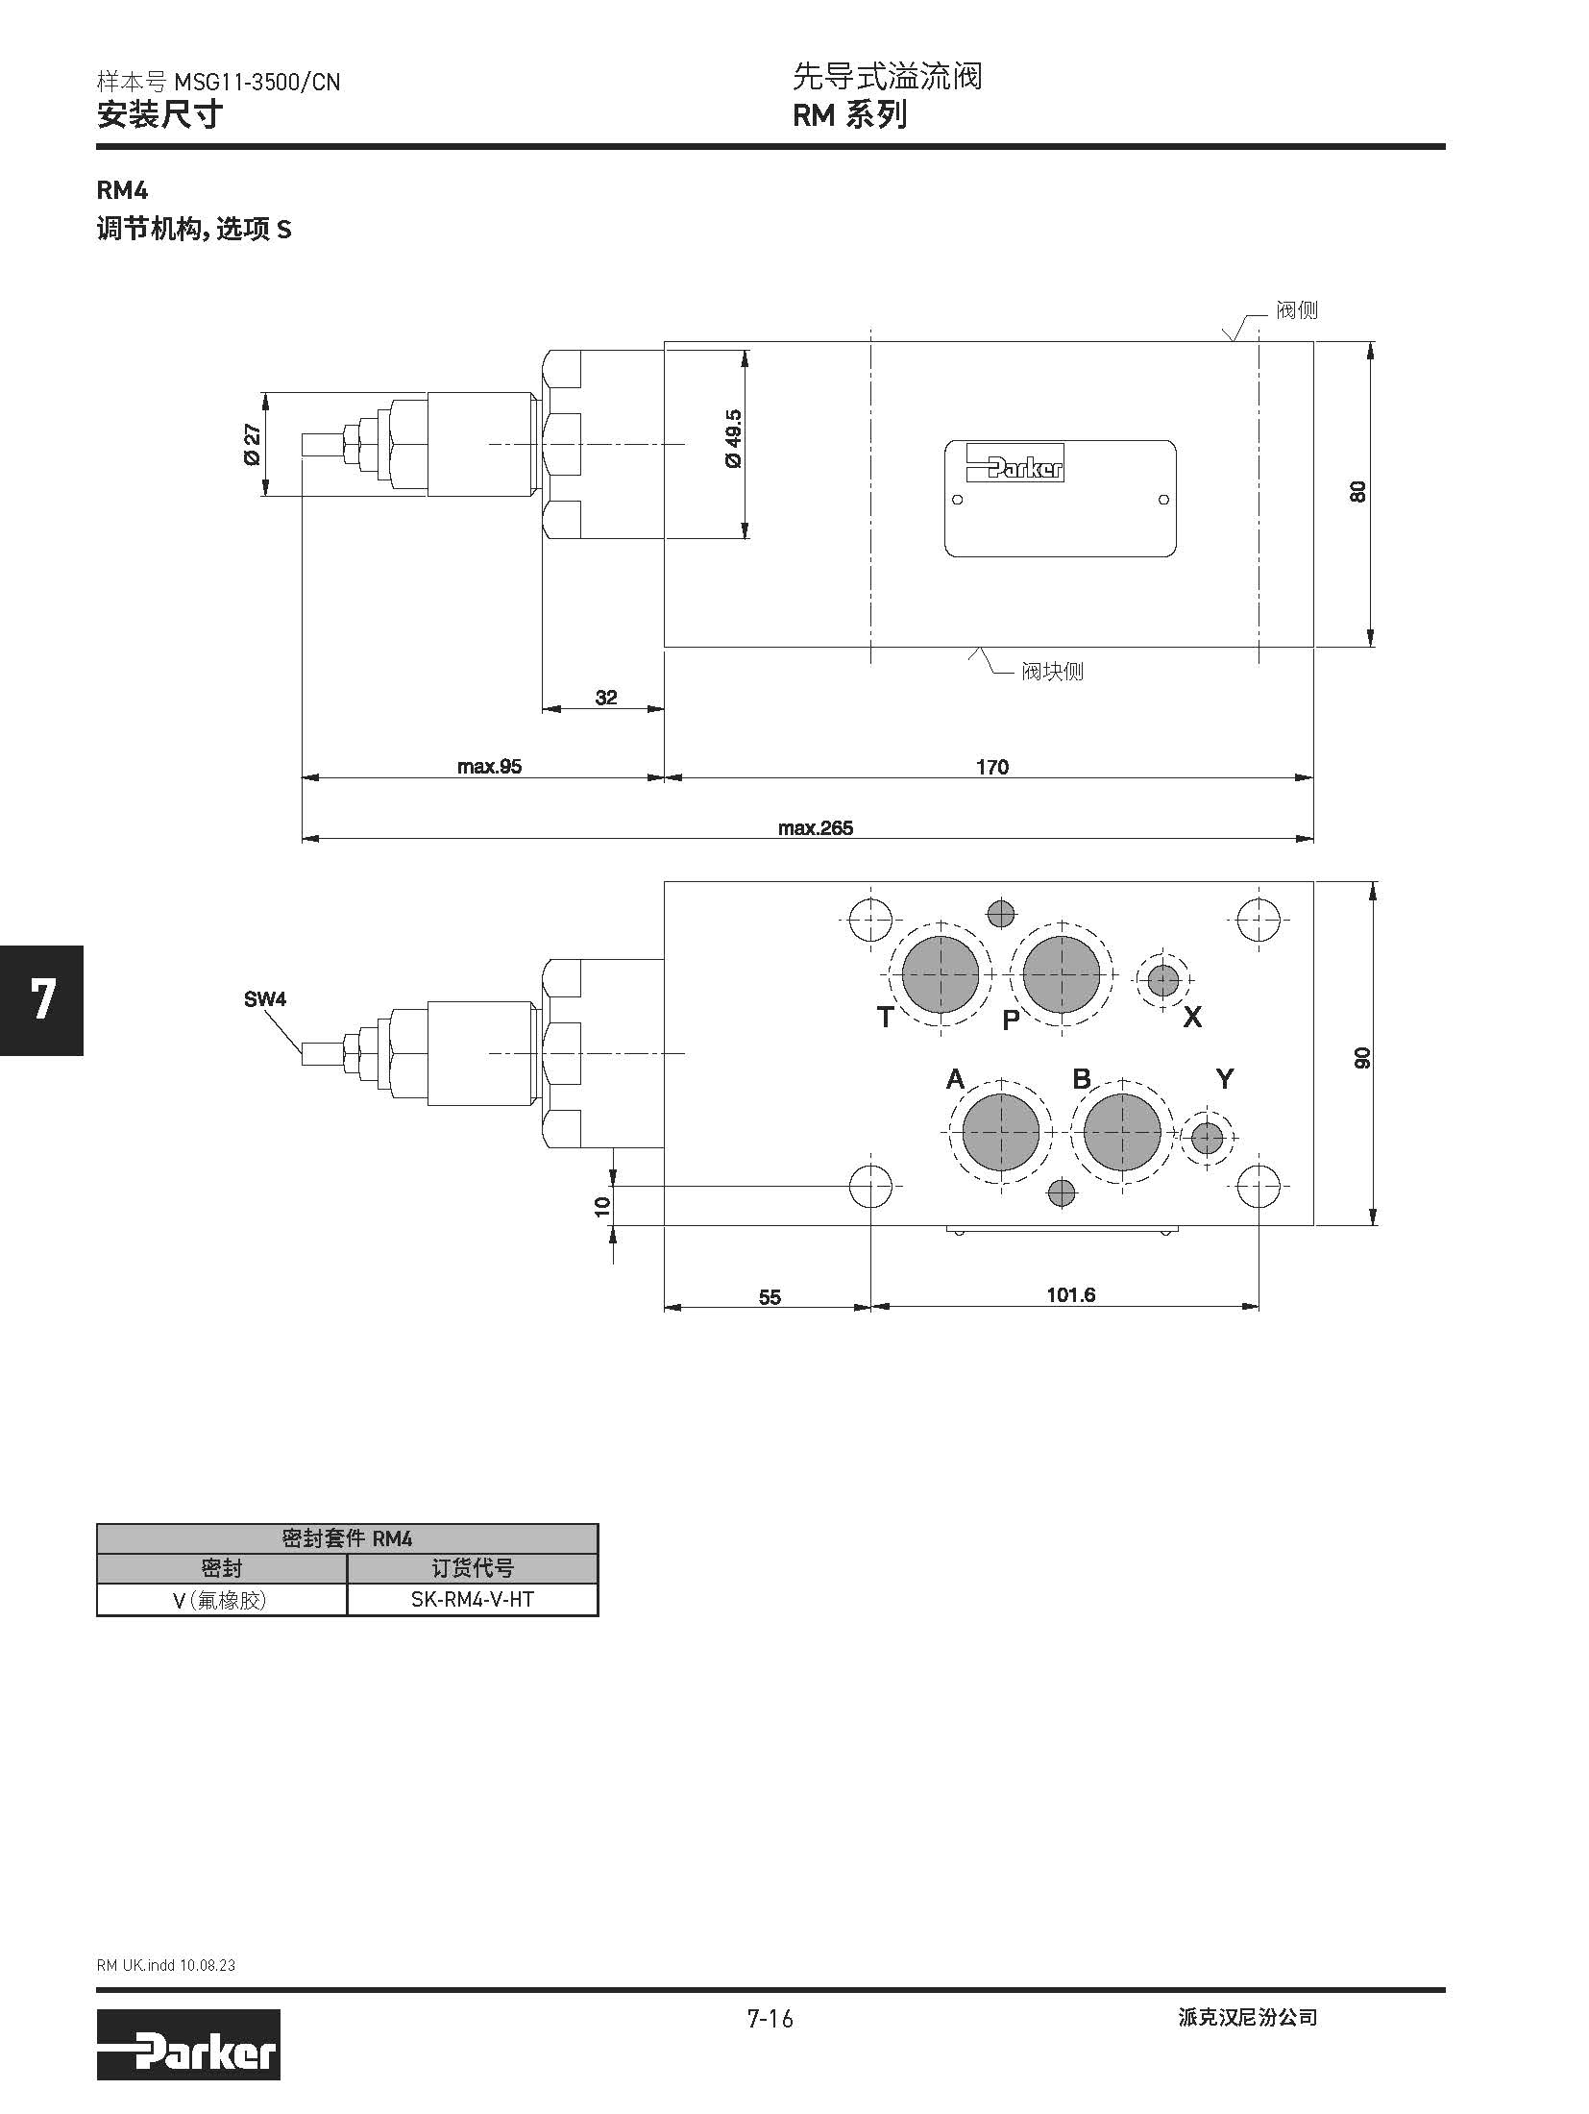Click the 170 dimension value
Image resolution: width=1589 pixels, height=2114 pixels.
pos(992,767)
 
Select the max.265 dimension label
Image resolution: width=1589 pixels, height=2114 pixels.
pos(816,827)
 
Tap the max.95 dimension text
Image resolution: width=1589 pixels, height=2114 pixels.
pos(489,767)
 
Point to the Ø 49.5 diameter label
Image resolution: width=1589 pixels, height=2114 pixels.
pos(734,438)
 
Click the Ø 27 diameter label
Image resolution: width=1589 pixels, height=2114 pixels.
pos(253,445)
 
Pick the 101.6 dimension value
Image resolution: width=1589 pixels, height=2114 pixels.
pos(1071,1295)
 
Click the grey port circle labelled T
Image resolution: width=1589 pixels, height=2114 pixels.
pos(941,974)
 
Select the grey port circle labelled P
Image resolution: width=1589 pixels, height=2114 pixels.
pos(1062,974)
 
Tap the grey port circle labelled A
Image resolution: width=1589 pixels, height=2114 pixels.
pos(1001,1132)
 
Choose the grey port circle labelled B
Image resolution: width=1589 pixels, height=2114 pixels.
pos(1122,1132)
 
